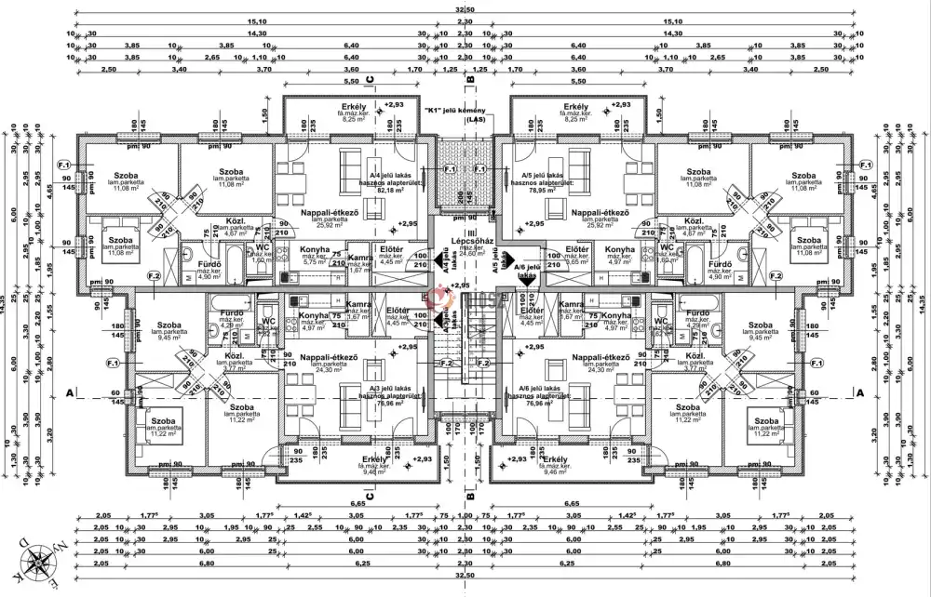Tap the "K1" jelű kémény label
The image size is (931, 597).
pos(461,111)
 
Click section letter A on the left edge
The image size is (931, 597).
pos(69,393)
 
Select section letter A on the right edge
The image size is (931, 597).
pos(860,393)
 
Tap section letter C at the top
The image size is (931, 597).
pos(370,80)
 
